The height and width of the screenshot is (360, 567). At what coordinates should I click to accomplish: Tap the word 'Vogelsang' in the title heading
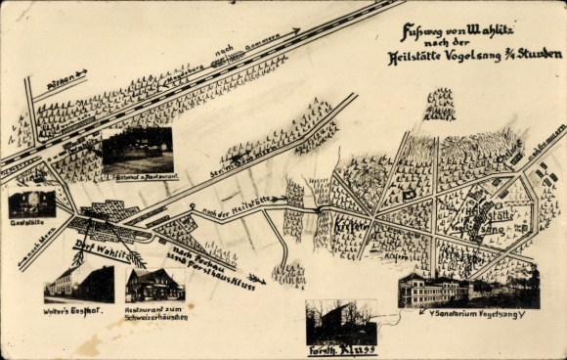483,56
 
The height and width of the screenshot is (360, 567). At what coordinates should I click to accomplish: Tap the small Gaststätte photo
32,203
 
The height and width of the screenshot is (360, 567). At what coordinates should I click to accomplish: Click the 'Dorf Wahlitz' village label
101,253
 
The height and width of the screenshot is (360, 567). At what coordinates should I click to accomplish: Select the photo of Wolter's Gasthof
79,285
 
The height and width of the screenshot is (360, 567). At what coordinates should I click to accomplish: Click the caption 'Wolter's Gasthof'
78,310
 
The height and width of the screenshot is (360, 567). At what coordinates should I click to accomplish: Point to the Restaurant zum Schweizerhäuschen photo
153,285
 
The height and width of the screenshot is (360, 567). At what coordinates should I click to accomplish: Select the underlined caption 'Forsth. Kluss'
341,349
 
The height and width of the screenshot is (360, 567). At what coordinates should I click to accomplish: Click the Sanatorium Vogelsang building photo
468,288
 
